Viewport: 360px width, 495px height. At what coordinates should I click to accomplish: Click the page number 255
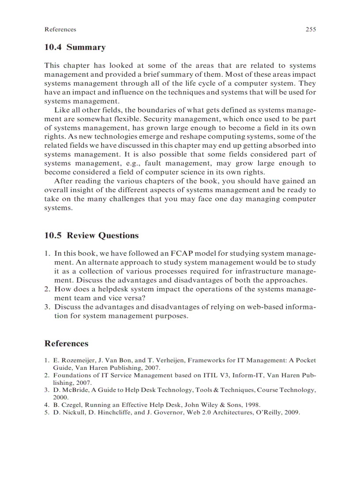pyautogui.click(x=311, y=30)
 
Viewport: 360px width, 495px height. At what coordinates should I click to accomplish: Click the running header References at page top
pyautogui.click(x=60, y=30)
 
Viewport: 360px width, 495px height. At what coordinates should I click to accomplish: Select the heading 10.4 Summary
pyautogui.click(x=75, y=47)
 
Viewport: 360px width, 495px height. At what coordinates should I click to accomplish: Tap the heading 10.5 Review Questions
pyautogui.click(x=91, y=235)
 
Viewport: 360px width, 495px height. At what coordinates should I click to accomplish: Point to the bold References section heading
pyautogui.click(x=66, y=343)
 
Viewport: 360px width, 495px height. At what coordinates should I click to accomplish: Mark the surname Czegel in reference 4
pyautogui.click(x=71, y=405)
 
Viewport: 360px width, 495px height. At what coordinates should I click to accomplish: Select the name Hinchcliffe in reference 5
pyautogui.click(x=112, y=413)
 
